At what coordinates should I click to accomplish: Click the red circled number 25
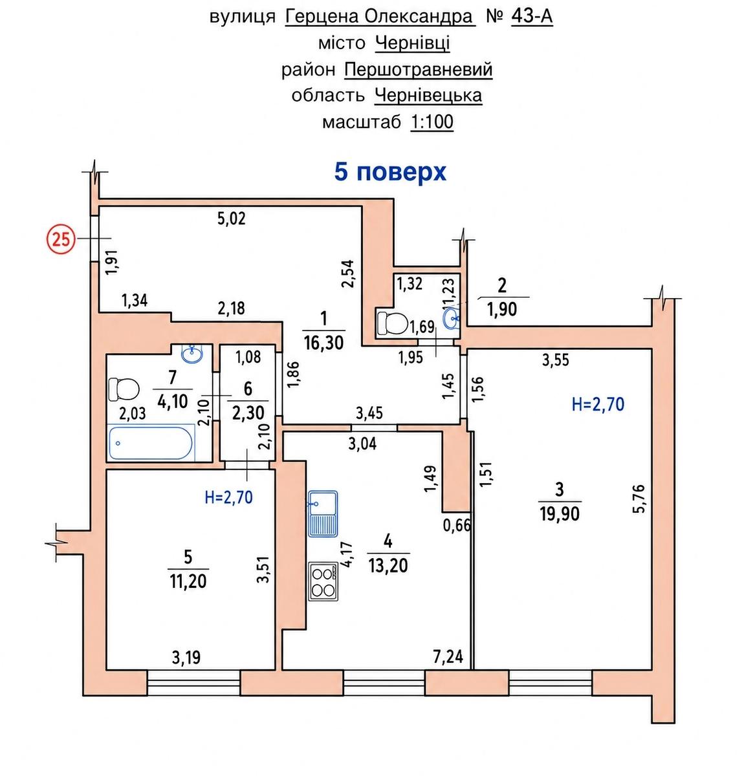61,240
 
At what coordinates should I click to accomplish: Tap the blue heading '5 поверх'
389,173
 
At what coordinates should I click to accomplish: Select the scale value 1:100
432,122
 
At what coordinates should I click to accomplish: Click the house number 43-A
532,17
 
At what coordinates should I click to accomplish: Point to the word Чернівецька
428,96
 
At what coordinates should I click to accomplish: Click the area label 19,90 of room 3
560,514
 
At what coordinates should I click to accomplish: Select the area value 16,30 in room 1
323,342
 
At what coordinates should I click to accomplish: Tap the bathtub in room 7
151,443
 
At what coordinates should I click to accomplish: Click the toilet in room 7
124,389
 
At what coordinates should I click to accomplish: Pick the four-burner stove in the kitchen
323,581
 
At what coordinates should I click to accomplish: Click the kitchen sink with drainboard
323,513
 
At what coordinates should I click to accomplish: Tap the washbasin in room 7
192,353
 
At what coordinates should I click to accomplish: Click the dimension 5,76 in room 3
639,498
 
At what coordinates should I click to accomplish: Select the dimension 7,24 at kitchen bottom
448,656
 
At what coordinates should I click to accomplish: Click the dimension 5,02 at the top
232,219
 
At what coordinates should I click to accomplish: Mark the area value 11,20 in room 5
188,581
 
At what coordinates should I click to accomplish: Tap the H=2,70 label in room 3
598,404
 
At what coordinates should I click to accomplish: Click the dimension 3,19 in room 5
186,657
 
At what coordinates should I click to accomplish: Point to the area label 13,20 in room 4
388,565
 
